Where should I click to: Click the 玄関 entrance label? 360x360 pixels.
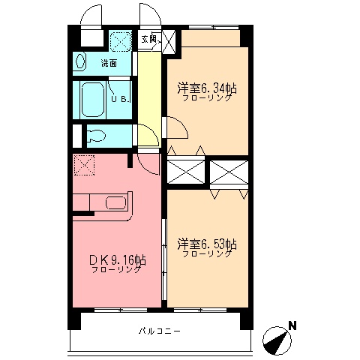(148, 39)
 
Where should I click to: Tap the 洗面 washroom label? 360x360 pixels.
(109, 63)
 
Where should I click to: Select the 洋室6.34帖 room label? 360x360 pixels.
(207, 88)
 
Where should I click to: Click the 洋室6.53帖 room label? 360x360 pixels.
(207, 244)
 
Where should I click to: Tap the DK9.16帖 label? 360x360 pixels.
(117, 260)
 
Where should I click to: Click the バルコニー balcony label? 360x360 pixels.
(159, 331)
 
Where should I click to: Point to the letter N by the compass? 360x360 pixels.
(293, 325)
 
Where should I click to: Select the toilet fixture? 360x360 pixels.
(95, 136)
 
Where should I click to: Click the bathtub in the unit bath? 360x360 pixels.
(92, 98)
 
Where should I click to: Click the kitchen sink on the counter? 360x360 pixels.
(116, 202)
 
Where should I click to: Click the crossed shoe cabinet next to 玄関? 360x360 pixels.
(169, 39)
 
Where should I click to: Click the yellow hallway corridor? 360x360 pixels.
(148, 90)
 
